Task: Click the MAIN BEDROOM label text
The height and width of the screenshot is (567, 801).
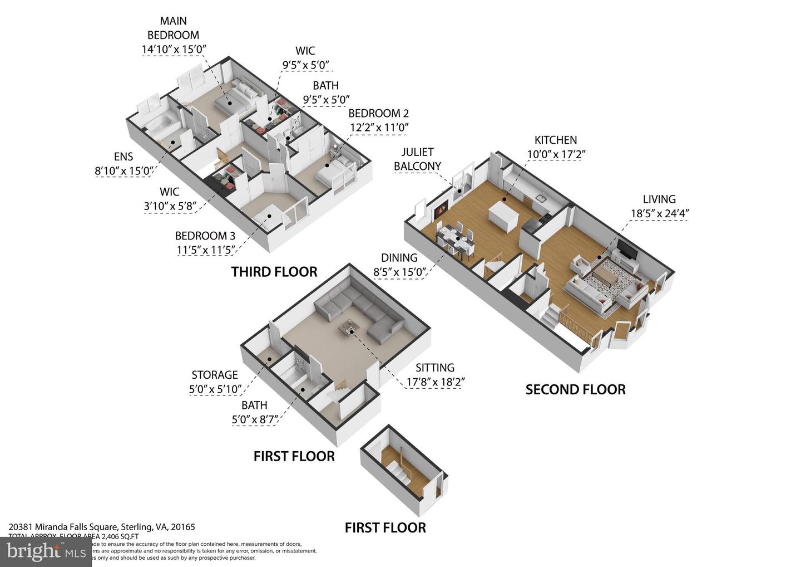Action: pyautogui.click(x=173, y=28)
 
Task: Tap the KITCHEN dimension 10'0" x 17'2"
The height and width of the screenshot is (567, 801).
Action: pyautogui.click(x=556, y=154)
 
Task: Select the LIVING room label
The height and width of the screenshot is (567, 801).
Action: pyautogui.click(x=659, y=199)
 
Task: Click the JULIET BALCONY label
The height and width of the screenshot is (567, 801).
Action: pyautogui.click(x=417, y=159)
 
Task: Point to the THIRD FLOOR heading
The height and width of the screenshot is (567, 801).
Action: pyautogui.click(x=274, y=272)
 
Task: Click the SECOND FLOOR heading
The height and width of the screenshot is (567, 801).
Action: pyautogui.click(x=575, y=389)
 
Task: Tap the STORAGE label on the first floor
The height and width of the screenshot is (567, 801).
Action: pyautogui.click(x=215, y=375)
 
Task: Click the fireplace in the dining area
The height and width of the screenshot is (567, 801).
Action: pyautogui.click(x=439, y=210)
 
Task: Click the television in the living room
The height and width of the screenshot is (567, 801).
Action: pyautogui.click(x=626, y=251)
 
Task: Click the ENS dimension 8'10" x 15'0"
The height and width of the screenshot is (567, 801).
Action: pyautogui.click(x=123, y=171)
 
